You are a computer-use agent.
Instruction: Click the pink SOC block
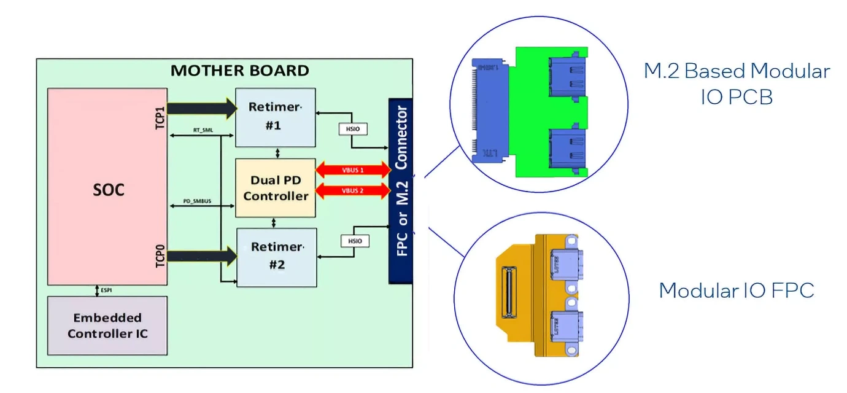107,187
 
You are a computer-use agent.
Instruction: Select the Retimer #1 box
276,117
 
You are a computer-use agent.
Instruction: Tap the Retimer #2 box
277,257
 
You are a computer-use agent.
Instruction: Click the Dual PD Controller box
276,188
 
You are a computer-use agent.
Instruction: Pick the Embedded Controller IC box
108,325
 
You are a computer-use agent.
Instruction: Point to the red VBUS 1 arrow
352,169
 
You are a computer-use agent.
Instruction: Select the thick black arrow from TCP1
201,109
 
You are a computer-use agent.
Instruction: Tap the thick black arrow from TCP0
201,256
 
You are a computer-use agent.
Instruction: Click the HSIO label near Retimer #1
351,130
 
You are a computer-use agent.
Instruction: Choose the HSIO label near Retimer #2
355,241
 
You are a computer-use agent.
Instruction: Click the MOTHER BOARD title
240,71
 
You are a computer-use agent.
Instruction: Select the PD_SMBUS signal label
197,201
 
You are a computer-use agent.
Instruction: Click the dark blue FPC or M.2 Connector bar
401,190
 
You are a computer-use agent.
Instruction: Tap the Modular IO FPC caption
737,290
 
